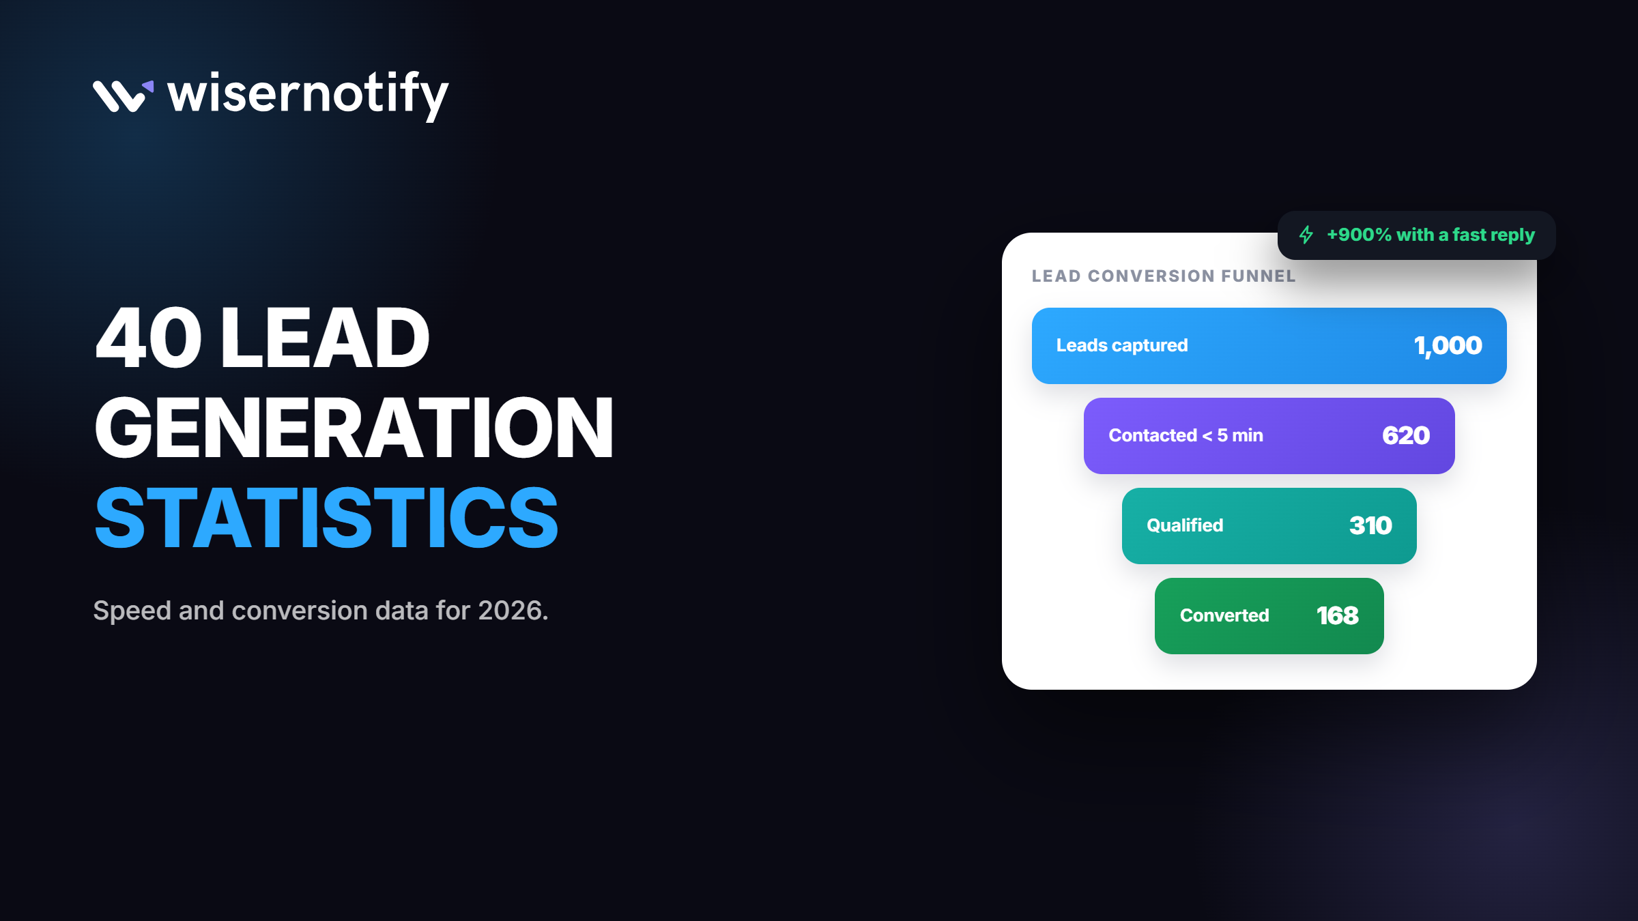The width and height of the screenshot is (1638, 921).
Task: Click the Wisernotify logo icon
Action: (123, 96)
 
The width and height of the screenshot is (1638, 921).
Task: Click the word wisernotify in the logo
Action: (308, 96)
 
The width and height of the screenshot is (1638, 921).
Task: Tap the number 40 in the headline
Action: (149, 338)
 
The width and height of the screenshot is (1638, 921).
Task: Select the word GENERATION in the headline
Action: (354, 428)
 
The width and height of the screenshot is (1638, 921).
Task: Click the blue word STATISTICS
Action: (327, 518)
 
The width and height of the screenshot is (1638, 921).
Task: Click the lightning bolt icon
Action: (1306, 235)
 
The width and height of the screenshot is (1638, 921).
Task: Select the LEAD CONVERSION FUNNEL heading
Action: (1164, 276)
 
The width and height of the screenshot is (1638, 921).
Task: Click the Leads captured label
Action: (1122, 346)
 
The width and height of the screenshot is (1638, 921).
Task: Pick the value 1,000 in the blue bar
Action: (1448, 346)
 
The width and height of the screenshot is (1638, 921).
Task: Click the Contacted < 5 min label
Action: (1186, 435)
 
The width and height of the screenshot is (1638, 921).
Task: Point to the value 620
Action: (1406, 436)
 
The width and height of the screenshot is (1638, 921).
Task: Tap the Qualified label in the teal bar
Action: (1185, 525)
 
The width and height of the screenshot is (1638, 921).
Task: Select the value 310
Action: (1370, 526)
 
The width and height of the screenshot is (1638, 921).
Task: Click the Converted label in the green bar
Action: (1224, 615)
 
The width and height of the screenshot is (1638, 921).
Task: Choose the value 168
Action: (1338, 616)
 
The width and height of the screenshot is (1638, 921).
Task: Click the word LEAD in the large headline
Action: (325, 338)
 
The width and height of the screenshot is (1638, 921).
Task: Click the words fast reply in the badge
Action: (1493, 235)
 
